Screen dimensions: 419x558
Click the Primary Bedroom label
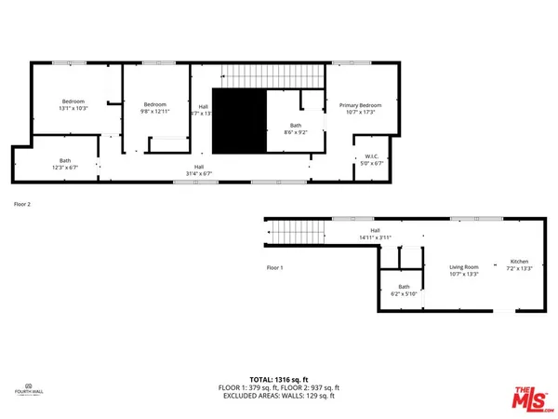360,105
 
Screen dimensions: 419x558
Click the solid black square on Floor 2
240,121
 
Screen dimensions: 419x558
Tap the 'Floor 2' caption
22,203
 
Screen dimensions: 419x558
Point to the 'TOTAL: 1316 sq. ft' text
278,379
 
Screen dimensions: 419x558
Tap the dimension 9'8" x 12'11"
155,112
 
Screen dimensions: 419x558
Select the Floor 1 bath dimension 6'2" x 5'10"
404,294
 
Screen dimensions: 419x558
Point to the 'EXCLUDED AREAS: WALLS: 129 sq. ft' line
278,396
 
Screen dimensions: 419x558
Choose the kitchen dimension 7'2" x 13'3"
519,269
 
